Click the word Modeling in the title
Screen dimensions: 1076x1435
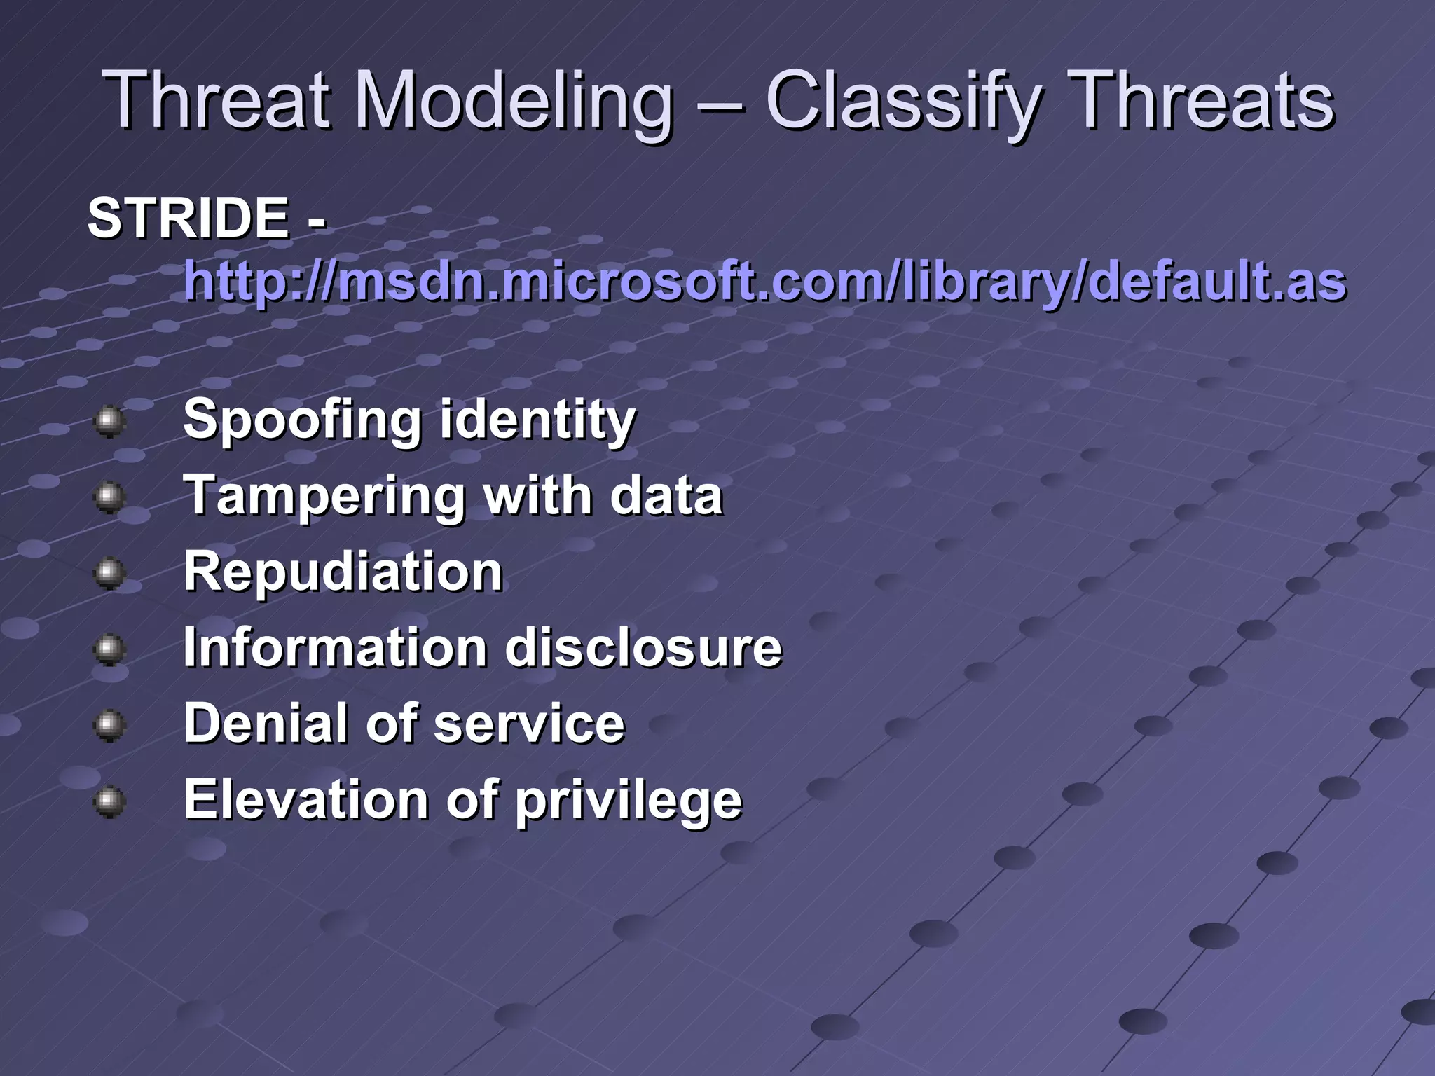tap(514, 102)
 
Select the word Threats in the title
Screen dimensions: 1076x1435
tap(1202, 102)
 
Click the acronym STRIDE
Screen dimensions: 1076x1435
tap(188, 218)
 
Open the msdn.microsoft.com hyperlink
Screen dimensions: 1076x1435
tap(764, 282)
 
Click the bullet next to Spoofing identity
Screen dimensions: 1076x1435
tap(109, 422)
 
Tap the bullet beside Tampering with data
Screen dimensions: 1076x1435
tap(109, 498)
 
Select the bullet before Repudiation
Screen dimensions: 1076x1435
tap(109, 574)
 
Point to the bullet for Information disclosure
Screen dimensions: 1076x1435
tap(109, 649)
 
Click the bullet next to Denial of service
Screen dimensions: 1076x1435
tap(109, 726)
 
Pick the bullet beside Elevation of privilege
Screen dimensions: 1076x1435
tap(109, 801)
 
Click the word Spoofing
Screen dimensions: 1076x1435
tap(301, 420)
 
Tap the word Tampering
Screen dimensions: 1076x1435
tap(324, 496)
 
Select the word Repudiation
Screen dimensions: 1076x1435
tap(343, 572)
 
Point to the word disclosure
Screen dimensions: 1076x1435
tap(643, 647)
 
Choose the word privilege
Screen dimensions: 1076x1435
tap(628, 800)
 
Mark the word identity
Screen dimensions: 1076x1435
tap(537, 420)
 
